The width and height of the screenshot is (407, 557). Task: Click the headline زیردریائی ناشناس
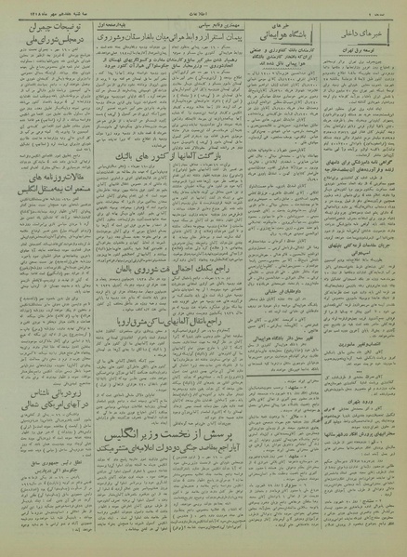point(42,399)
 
